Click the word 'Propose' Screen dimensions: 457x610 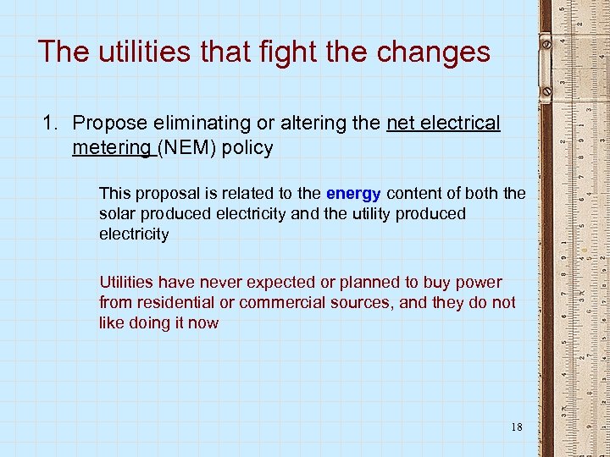[x=107, y=124]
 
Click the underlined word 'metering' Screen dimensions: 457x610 [x=112, y=148]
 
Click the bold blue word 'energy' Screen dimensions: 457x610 [x=353, y=194]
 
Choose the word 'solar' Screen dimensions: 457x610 [x=119, y=214]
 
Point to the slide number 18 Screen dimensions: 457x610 [x=516, y=427]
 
